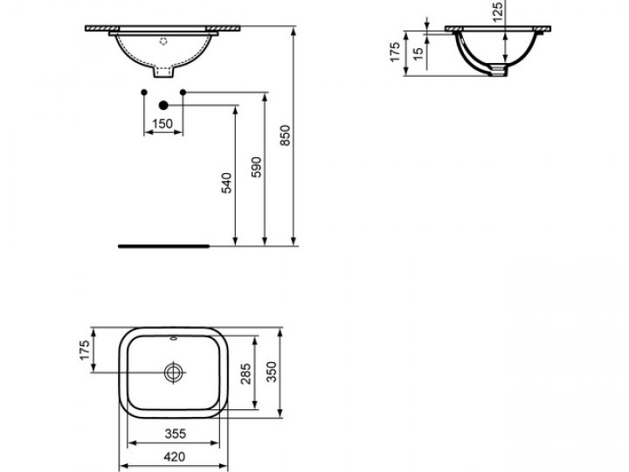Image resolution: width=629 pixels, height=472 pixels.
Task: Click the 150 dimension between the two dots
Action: click(162, 123)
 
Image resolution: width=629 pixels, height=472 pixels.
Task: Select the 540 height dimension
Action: click(227, 183)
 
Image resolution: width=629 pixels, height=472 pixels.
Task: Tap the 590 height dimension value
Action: click(256, 167)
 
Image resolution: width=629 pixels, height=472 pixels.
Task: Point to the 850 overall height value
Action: click(285, 135)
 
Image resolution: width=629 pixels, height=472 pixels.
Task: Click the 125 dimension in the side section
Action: click(497, 12)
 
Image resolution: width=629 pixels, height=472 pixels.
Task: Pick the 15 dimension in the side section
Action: click(418, 54)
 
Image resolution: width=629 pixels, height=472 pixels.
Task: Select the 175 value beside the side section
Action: click(395, 52)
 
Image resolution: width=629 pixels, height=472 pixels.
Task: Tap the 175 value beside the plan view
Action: click(84, 351)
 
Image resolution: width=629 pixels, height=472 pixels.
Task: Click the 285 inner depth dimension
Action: click(245, 374)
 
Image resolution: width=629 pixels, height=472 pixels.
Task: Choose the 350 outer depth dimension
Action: click(272, 372)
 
